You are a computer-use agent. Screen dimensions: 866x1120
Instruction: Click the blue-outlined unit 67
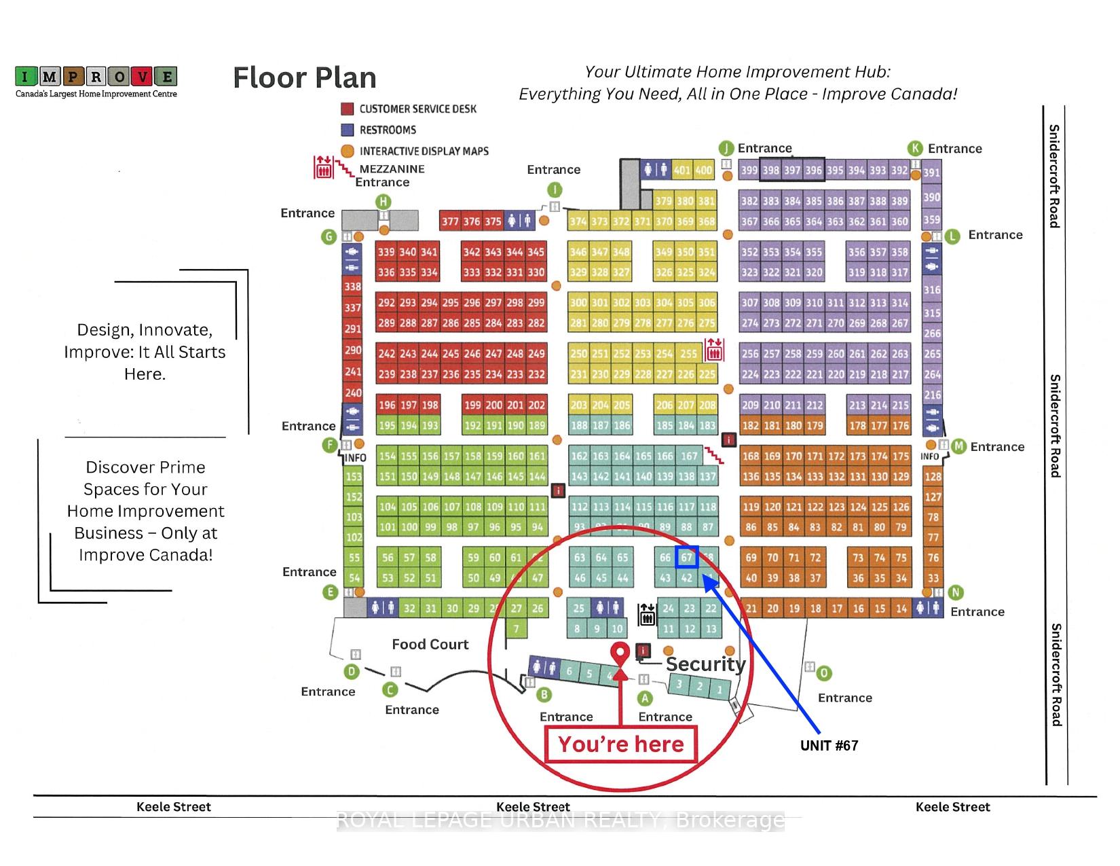687,557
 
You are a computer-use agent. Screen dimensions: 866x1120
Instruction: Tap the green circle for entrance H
384,202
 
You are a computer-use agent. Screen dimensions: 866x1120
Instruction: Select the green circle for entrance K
916,149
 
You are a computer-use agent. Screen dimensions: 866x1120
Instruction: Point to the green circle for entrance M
958,446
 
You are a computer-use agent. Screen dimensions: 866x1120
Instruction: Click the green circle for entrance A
645,698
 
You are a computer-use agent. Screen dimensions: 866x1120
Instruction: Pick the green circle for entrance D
352,672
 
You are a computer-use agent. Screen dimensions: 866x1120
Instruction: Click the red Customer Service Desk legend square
348,109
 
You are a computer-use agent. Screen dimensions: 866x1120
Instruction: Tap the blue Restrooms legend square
348,130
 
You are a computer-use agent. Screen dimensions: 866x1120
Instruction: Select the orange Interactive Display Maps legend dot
348,151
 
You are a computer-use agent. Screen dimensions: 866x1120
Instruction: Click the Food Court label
430,645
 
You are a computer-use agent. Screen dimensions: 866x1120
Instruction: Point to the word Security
706,664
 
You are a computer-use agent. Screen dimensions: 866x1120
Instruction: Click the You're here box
621,744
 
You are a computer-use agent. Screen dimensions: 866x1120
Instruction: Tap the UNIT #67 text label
829,746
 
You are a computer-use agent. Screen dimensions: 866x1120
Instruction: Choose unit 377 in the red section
450,221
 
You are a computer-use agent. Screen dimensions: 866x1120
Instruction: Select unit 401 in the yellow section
682,170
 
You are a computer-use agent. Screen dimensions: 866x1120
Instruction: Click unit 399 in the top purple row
749,170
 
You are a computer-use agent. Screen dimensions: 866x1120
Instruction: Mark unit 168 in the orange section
751,456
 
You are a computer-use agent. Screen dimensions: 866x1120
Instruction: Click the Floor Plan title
305,78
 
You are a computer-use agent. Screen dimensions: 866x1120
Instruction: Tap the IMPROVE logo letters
96,76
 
